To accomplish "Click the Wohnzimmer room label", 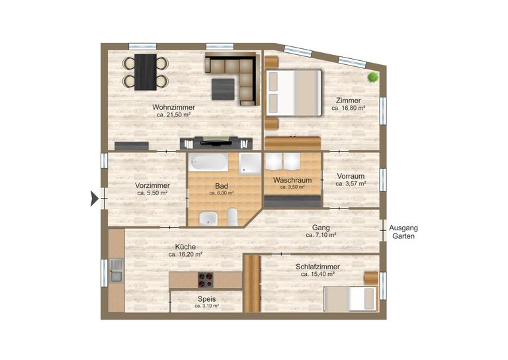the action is [174, 107].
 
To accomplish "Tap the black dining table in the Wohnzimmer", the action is [146, 72].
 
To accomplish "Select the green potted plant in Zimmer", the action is [373, 77].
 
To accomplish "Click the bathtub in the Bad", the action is [208, 162].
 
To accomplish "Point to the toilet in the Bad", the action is [233, 217].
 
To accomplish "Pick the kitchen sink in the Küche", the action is [116, 270].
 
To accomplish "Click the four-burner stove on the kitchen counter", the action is [206, 280].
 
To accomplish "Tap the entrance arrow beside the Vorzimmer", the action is [94, 199].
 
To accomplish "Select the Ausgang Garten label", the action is [403, 232].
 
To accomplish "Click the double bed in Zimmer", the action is [294, 93].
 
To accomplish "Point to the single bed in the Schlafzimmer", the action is [350, 298].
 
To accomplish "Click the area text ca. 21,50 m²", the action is [174, 115].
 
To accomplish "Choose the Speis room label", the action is [206, 299].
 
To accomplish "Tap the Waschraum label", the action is [292, 180].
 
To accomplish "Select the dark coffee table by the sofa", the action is [223, 89].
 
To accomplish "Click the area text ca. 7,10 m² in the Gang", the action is [321, 235].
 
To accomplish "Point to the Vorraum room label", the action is [351, 176].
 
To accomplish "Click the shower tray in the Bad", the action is [250, 163].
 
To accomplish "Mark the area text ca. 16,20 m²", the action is [186, 255].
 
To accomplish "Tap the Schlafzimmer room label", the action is [317, 267].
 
